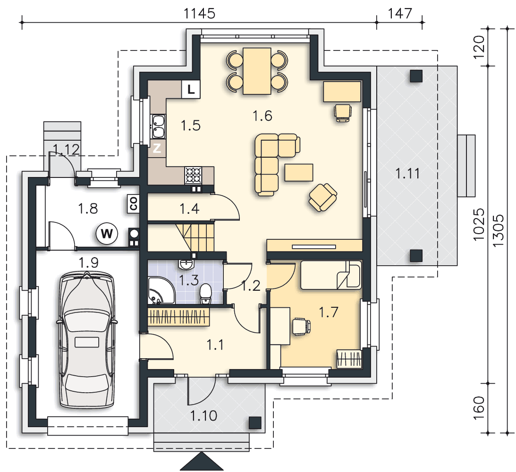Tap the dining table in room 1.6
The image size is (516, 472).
257,71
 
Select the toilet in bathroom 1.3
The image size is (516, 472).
206,294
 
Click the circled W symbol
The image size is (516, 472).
107,234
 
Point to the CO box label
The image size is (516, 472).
133,204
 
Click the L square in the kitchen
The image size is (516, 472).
191,89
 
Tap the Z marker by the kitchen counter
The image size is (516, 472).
157,148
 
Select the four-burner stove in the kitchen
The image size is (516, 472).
194,175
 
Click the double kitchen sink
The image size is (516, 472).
158,126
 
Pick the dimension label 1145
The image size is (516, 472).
199,14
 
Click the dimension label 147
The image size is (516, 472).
399,14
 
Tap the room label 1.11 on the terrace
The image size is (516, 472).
407,173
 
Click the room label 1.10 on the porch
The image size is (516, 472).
203,416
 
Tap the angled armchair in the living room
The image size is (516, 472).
322,197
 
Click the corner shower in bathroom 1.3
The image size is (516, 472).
161,290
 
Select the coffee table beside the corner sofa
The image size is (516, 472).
299,172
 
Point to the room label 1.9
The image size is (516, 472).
89,262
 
